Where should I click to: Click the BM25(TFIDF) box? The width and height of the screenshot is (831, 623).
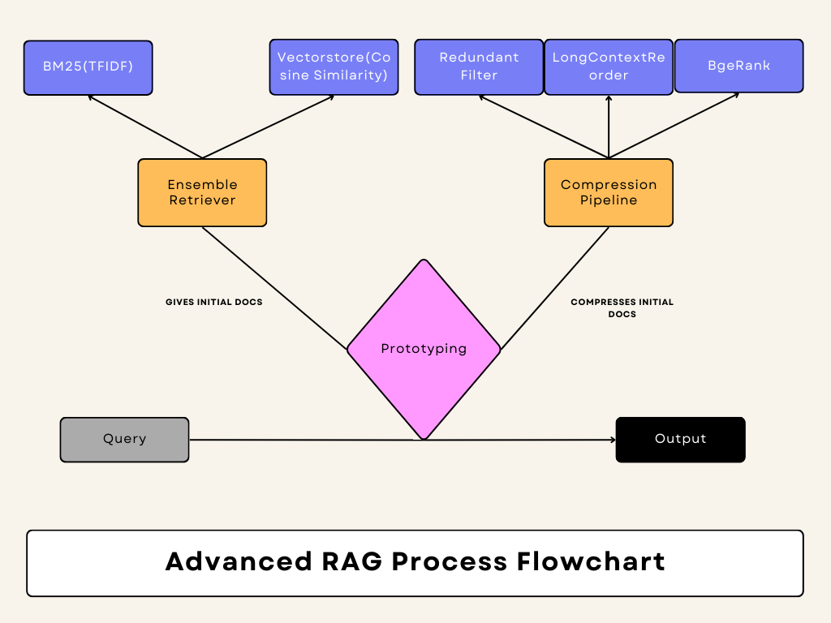[x=88, y=68]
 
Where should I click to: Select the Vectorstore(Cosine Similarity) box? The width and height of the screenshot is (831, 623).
[x=334, y=67]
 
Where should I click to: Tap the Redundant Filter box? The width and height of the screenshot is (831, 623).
[x=479, y=67]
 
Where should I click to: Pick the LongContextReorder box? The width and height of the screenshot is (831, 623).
[x=609, y=67]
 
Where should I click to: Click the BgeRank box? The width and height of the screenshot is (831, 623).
[x=738, y=66]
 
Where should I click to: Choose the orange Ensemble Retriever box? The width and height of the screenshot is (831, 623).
[x=202, y=193]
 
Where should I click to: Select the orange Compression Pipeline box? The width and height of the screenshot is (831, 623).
[x=609, y=193]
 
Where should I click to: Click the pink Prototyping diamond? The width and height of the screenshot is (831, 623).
[x=424, y=349]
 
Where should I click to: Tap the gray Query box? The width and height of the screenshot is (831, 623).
[x=124, y=440]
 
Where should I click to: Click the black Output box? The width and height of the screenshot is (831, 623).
[x=681, y=440]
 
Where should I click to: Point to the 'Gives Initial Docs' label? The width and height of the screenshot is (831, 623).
[x=214, y=302]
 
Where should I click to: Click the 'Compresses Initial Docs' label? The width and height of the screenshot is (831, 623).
[x=622, y=307]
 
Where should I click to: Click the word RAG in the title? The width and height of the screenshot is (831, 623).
[x=352, y=561]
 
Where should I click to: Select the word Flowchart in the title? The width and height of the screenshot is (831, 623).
[x=591, y=561]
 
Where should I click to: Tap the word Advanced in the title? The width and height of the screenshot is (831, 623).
[x=239, y=561]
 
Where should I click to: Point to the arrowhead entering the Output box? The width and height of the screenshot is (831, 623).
[x=614, y=440]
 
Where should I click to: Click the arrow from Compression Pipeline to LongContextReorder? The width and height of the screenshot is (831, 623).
[x=609, y=127]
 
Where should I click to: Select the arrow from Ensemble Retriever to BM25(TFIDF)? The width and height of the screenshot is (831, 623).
[x=145, y=127]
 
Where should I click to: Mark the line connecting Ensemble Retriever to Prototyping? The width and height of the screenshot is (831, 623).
[x=274, y=288]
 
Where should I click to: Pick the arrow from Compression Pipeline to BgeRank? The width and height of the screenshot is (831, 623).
[x=674, y=126]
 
